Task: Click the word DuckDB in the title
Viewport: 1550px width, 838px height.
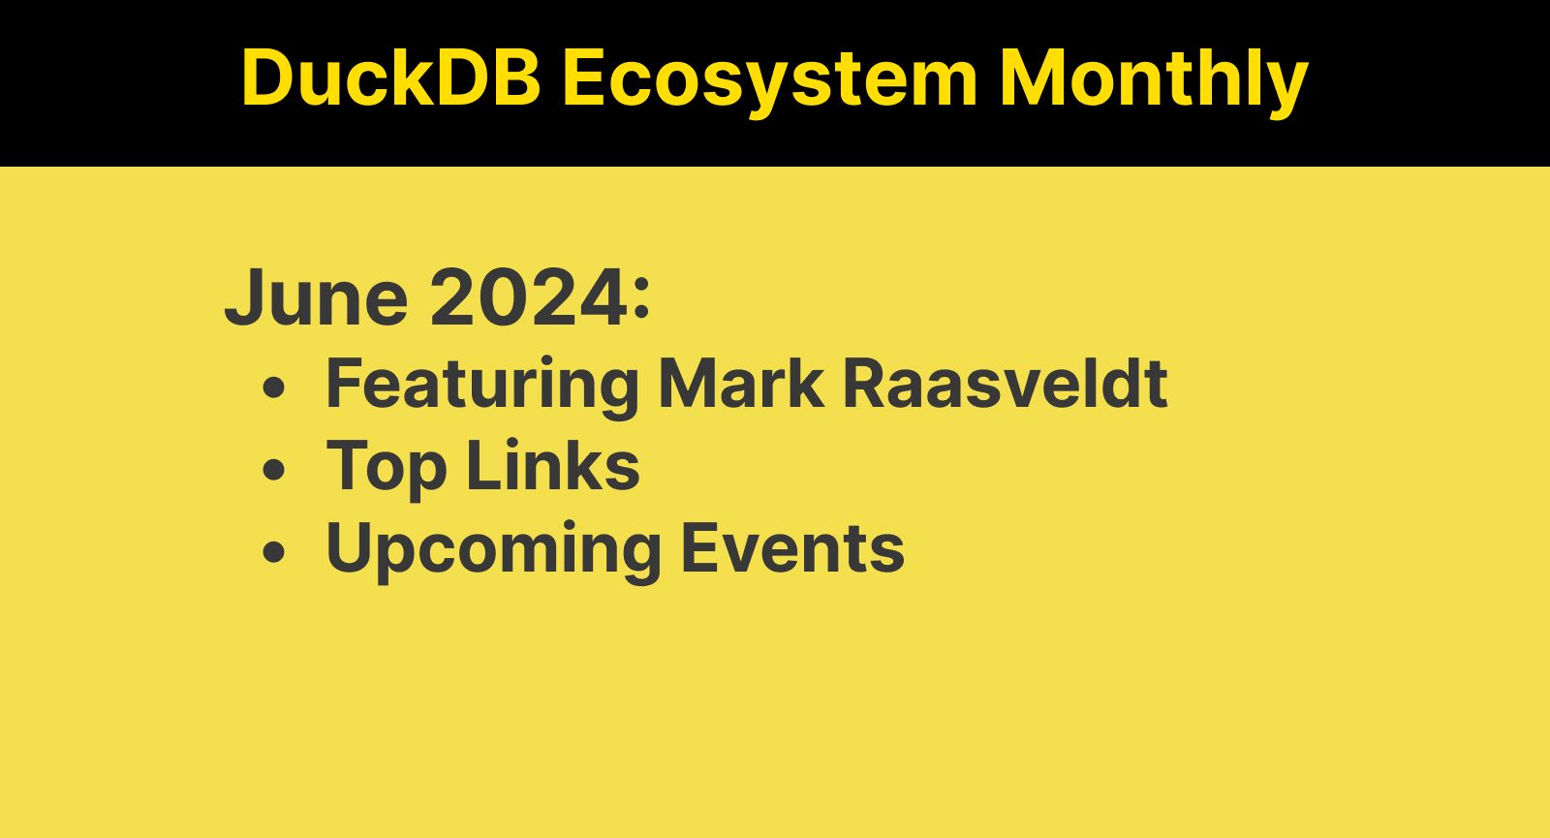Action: tap(390, 78)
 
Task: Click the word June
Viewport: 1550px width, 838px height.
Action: tap(317, 297)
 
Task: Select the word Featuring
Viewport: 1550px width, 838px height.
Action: tap(481, 385)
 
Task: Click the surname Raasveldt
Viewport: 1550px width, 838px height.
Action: tap(1005, 383)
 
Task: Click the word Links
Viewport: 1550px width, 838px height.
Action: tap(552, 466)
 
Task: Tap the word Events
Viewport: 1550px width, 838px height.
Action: tap(792, 548)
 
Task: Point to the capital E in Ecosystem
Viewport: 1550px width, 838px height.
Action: tap(582, 78)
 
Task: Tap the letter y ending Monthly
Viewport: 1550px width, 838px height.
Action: tap(1287, 85)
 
